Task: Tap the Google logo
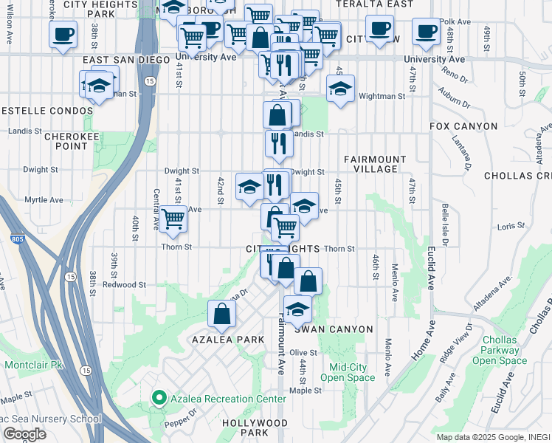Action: point(25,434)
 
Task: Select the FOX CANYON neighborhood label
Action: point(464,127)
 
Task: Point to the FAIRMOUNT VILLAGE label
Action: point(375,164)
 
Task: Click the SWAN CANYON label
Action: point(342,329)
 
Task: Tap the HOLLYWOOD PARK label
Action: point(255,427)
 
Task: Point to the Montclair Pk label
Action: point(35,365)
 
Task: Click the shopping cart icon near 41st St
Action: point(173,219)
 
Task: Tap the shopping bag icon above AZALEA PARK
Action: point(222,314)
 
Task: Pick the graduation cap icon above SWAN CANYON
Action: point(297,310)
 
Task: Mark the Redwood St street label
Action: point(124,284)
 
